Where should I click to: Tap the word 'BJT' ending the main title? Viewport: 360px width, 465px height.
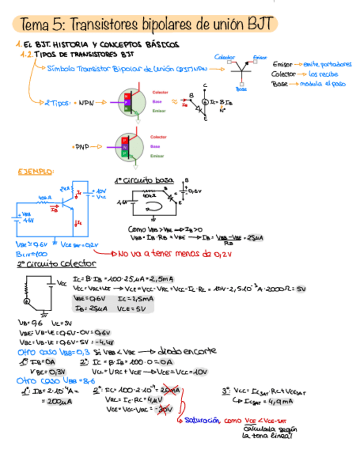pos(257,25)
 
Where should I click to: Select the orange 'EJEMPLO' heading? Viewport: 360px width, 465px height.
pos(35,172)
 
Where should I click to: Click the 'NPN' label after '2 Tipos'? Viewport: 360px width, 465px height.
pos(87,103)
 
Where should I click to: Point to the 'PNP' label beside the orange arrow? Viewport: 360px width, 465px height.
pos(81,147)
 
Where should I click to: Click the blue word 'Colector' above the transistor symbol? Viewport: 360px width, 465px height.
pos(224,57)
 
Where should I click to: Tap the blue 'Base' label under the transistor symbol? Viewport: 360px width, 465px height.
pos(241,89)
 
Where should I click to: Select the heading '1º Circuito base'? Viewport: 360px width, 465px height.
pos(144,180)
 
